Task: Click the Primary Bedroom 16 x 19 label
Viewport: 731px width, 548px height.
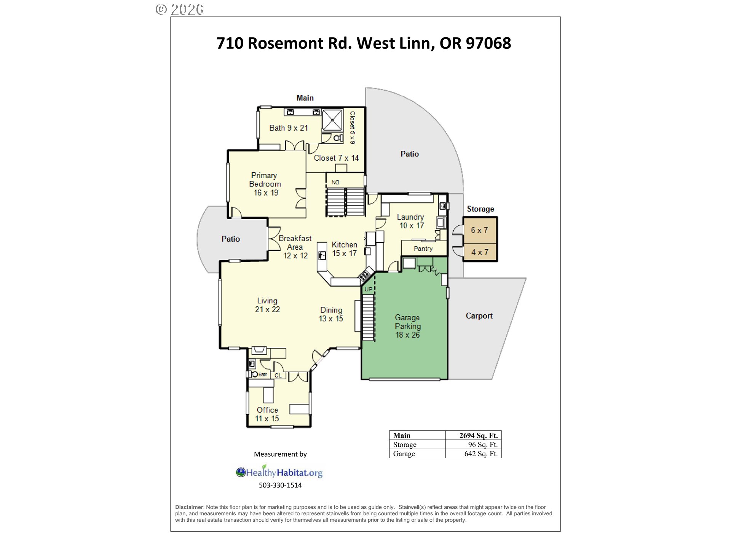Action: (x=265, y=184)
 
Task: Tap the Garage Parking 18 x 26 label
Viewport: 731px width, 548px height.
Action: (x=407, y=326)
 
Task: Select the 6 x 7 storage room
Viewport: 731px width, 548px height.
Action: (x=480, y=230)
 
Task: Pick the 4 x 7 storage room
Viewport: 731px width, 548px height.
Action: (x=480, y=252)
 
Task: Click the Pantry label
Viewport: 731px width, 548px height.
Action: (x=423, y=249)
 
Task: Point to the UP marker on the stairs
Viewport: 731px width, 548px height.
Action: (x=369, y=289)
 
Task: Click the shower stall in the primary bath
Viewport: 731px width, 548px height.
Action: (x=332, y=120)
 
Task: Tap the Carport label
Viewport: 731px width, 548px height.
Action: (x=479, y=316)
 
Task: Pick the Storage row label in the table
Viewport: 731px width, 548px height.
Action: (x=405, y=444)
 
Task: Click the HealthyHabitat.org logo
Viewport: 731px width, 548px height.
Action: (x=279, y=472)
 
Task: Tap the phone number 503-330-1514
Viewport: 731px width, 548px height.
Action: (x=280, y=485)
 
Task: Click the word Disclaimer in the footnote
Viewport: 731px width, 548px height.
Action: (x=189, y=507)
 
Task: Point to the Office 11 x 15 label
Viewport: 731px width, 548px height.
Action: (x=267, y=414)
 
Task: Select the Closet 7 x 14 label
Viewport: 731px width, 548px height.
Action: (x=336, y=158)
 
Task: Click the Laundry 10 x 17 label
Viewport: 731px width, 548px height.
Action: (x=411, y=221)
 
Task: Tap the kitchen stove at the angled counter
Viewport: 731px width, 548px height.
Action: (x=366, y=274)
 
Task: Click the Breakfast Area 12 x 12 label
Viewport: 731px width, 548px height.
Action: (x=295, y=247)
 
